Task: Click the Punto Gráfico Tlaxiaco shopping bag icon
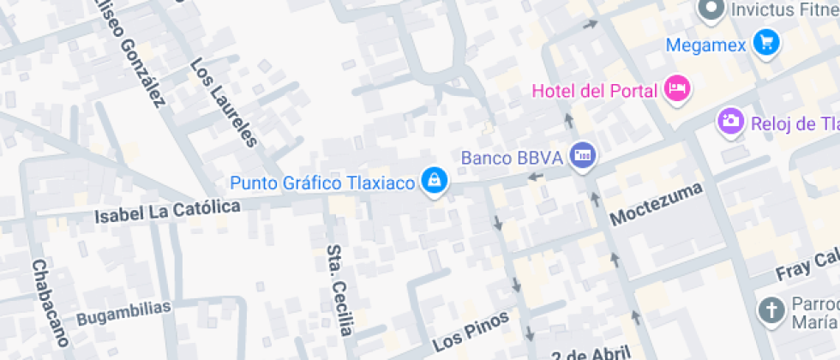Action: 435,181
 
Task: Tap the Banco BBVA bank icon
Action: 585,155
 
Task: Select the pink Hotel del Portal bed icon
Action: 678,89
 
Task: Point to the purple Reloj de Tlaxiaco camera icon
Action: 730,121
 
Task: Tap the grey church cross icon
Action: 771,311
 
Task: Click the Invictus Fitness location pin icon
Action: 711,10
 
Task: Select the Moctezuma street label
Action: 656,204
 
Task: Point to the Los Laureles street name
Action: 224,102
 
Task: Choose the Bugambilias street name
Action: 123,312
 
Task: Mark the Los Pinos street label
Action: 471,331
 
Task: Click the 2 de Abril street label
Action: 591,353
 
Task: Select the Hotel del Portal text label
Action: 594,91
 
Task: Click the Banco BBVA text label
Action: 511,158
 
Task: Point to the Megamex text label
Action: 707,43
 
